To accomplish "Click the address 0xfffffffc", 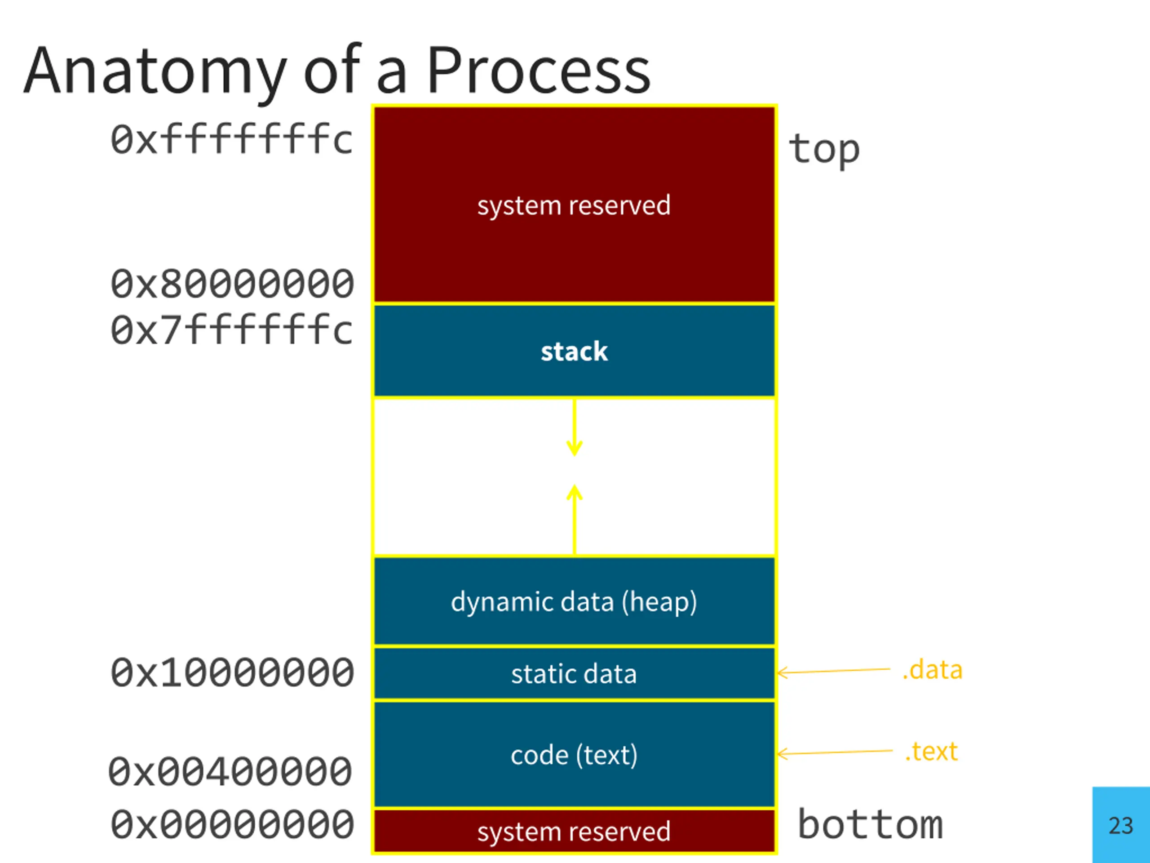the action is point(232,139).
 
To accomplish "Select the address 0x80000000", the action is point(232,284).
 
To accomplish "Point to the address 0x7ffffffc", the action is point(232,330).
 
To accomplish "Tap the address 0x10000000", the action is point(232,672).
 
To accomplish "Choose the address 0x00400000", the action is point(230,771).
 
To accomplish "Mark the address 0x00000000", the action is point(232,824).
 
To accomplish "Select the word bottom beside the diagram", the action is point(870,824).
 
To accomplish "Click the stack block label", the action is point(574,351).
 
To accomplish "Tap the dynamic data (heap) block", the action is point(575,601).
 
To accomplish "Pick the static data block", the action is point(575,673).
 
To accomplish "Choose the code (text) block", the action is point(575,754).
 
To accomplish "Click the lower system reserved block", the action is point(575,831).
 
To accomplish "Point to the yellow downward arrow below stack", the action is point(575,427).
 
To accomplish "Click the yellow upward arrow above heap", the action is point(575,520).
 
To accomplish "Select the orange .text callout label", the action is point(931,752).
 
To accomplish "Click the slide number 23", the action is point(1120,826).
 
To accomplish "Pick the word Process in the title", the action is point(539,70).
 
